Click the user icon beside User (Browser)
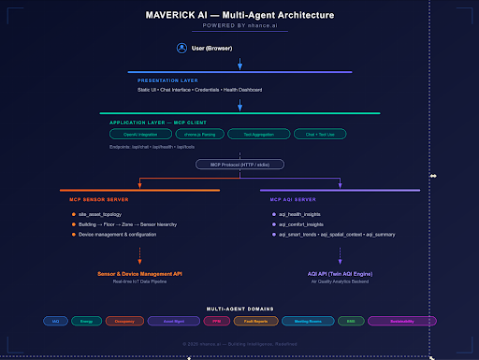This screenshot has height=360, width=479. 182,48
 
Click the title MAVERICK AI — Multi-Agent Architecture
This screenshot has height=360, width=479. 239,16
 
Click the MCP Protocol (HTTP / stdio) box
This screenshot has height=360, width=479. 239,165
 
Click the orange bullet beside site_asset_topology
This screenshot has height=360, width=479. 73,215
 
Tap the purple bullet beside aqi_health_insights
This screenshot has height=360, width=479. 270,215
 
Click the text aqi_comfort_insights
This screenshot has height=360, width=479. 300,225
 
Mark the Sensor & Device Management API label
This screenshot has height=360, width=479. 139,274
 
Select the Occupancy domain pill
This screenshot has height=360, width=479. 125,321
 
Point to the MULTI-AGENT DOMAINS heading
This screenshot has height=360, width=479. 239,308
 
